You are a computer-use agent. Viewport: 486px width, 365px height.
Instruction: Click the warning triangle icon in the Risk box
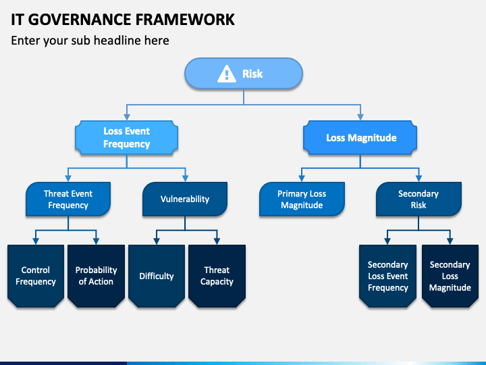click(x=227, y=74)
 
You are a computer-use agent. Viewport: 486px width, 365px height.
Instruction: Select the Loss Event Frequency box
click(x=126, y=137)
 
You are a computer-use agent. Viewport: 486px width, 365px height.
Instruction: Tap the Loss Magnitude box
click(x=360, y=137)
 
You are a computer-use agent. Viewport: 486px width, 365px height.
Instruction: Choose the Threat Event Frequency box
click(x=68, y=199)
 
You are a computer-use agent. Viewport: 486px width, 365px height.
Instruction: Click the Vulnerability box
click(x=185, y=199)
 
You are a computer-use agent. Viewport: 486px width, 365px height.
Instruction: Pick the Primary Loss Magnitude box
click(x=302, y=199)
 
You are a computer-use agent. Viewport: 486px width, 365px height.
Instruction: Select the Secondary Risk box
click(x=418, y=199)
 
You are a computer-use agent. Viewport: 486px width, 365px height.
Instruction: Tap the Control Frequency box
click(x=36, y=276)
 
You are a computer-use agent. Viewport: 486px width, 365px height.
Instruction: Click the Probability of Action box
click(x=96, y=276)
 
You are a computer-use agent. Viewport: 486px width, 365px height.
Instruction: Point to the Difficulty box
click(x=157, y=276)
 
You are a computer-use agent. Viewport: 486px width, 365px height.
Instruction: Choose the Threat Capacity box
click(x=217, y=276)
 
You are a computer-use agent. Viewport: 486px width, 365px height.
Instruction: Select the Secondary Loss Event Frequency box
click(x=387, y=276)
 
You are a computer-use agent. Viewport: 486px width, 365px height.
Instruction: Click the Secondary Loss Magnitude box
click(x=450, y=276)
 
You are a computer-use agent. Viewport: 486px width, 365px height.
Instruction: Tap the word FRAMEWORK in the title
click(x=185, y=20)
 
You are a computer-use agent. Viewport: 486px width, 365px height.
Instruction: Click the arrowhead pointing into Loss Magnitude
click(x=360, y=117)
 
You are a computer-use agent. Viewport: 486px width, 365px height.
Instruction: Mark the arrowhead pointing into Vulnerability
click(x=186, y=178)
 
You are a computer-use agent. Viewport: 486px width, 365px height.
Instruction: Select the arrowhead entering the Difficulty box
click(x=157, y=241)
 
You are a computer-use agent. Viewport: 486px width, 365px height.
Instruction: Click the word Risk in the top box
click(x=252, y=74)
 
